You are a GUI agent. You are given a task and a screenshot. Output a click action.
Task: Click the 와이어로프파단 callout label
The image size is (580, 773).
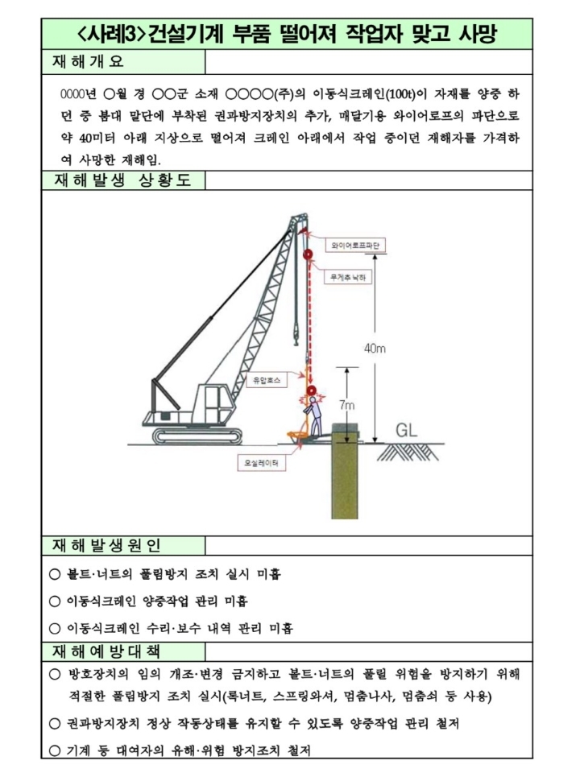[355, 243]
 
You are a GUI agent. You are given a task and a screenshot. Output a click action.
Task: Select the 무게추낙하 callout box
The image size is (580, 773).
[348, 277]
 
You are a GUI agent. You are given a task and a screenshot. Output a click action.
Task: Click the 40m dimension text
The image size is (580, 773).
[375, 348]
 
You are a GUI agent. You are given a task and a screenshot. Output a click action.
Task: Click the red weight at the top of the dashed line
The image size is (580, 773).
[308, 256]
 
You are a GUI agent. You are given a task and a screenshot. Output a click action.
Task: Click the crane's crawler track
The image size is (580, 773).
[198, 436]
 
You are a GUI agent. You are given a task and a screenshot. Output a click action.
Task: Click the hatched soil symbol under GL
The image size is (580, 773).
[412, 451]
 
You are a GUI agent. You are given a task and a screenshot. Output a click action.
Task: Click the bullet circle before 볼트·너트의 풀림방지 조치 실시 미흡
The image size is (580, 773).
[55, 575]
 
